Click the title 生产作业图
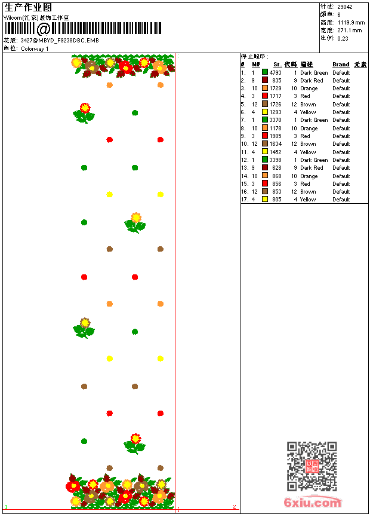point(28,7)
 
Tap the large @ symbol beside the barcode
point(44,29)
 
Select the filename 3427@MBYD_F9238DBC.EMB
point(60,41)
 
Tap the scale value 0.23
point(343,38)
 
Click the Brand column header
point(341,65)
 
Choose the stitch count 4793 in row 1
point(275,72)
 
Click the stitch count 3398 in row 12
point(275,160)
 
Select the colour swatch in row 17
point(265,200)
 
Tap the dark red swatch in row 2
point(265,80)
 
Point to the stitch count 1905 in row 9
point(275,136)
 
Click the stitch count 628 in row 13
point(276,168)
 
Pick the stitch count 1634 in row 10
point(275,144)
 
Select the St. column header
point(277,65)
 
